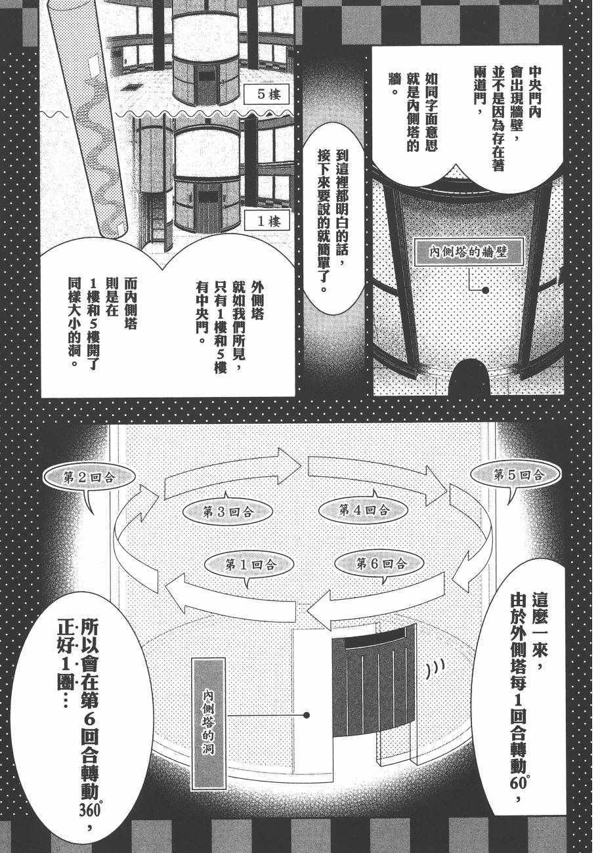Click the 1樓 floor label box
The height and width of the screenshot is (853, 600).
tap(266, 221)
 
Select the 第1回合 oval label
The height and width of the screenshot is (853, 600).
tap(249, 563)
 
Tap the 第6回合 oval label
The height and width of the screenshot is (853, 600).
tap(380, 562)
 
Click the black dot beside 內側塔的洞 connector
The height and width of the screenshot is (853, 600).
tap(306, 716)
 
